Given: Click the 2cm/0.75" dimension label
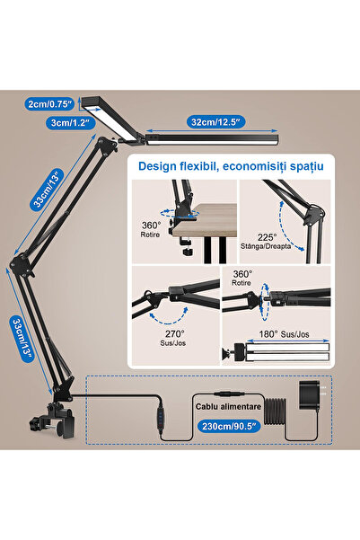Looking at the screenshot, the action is (x=49, y=103).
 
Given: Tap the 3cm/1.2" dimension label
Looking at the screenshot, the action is (x=71, y=122).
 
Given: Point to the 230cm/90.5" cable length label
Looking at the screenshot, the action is (x=229, y=426).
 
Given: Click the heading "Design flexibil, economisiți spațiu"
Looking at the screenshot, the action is (x=231, y=166).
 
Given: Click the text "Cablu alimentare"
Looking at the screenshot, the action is (x=228, y=406).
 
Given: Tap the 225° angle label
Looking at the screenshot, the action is (x=267, y=237).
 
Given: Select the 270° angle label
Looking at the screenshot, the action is (x=174, y=333).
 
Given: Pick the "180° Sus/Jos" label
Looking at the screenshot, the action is (x=284, y=333).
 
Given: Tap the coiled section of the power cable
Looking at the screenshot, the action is (x=275, y=412).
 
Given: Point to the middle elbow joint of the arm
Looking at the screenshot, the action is (x=22, y=263).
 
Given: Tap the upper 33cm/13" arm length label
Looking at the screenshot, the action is (x=48, y=189).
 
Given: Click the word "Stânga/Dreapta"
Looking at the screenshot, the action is (x=266, y=246).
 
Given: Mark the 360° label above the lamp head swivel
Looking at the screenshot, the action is (x=243, y=274).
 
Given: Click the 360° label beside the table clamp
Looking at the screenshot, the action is (x=151, y=226).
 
